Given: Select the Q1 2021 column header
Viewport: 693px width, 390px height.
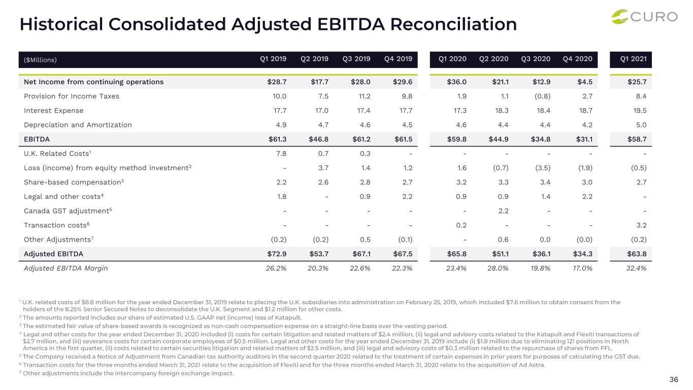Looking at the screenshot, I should [633, 59].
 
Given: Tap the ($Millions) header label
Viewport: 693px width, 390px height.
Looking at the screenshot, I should [41, 60].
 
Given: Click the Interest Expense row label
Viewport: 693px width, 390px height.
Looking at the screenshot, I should [53, 110].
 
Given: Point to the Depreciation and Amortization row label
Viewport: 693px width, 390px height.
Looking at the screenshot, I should [78, 124].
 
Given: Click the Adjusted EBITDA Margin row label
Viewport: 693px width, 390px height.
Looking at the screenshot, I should [65, 268].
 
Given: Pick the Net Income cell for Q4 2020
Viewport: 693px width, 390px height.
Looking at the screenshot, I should [584, 82].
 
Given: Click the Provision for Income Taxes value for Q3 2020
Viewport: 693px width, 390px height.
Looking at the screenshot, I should [542, 96].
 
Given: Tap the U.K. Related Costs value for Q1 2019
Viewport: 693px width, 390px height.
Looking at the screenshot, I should [281, 153].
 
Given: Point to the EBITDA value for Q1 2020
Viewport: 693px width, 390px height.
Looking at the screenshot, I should [455, 139].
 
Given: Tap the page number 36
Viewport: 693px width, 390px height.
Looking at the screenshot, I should [674, 379].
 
